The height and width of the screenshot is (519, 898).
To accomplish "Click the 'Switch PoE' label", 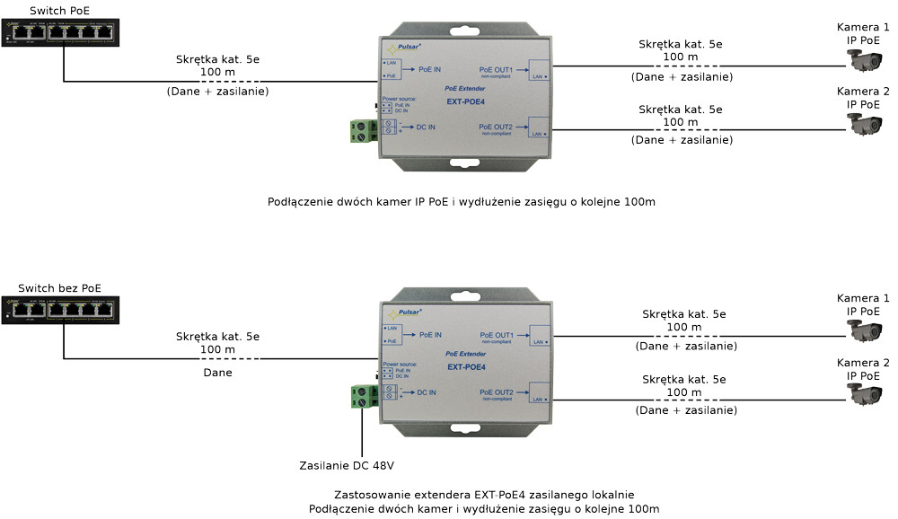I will click(60, 11).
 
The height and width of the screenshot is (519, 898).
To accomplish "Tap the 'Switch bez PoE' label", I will click(60, 288).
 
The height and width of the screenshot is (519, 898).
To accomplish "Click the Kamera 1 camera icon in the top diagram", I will click(866, 60).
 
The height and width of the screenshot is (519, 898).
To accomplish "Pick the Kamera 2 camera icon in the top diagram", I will click(866, 123).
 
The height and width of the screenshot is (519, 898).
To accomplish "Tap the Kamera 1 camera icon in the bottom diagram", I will click(866, 330).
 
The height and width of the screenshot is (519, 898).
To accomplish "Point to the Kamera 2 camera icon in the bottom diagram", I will click(866, 393).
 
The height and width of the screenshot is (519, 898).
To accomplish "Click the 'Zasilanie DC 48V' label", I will click(347, 465).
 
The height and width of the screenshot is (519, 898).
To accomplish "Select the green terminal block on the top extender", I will click(362, 130).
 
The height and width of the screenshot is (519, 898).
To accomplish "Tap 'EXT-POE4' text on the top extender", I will click(466, 101).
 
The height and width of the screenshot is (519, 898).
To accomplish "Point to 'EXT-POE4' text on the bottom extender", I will click(466, 366).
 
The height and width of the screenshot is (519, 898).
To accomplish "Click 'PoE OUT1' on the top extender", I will click(496, 69).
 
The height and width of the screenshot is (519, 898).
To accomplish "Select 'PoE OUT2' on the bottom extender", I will click(496, 392).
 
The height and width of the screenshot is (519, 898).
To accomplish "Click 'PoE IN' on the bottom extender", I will click(429, 334).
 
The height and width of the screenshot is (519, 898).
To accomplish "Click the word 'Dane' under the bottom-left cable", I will click(217, 373).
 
